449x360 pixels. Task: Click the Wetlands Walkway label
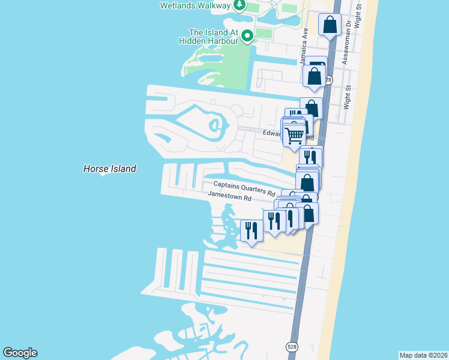195,5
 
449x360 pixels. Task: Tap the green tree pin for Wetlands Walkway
240,5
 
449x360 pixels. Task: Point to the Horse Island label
110,169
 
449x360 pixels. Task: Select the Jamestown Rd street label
229,197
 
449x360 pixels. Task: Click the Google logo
20,353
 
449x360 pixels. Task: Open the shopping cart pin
294,136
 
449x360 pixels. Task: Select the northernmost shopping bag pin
330,25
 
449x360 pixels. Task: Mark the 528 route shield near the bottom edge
292,347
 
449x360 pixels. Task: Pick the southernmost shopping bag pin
308,213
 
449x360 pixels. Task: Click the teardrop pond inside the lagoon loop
214,125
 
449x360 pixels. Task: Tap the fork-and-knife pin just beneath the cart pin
310,158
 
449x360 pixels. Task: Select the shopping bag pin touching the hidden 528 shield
314,76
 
